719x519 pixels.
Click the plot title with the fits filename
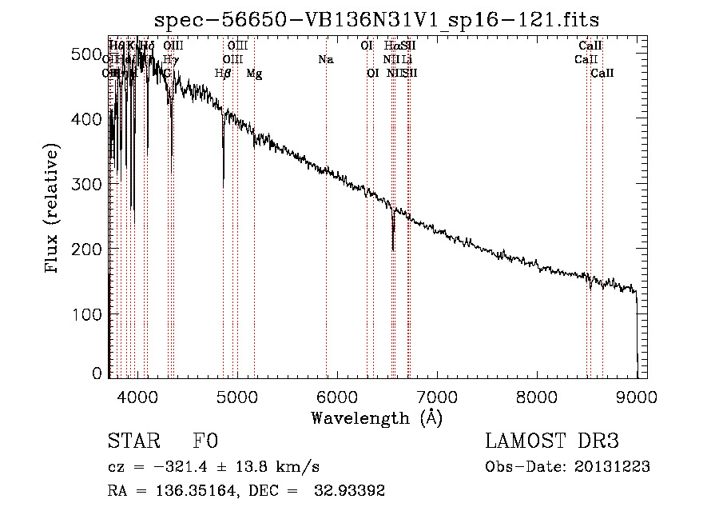click(x=377, y=18)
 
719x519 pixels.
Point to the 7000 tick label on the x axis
click(x=437, y=396)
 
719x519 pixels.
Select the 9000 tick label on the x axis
click(x=637, y=396)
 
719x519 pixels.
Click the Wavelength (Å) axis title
click(x=376, y=417)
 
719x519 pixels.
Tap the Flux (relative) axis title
click(x=53, y=210)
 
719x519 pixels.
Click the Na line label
click(x=325, y=60)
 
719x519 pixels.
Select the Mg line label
click(x=254, y=74)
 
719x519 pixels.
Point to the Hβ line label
click(x=223, y=74)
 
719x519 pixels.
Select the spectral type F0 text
click(x=205, y=441)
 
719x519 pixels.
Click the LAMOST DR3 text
click(x=552, y=441)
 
